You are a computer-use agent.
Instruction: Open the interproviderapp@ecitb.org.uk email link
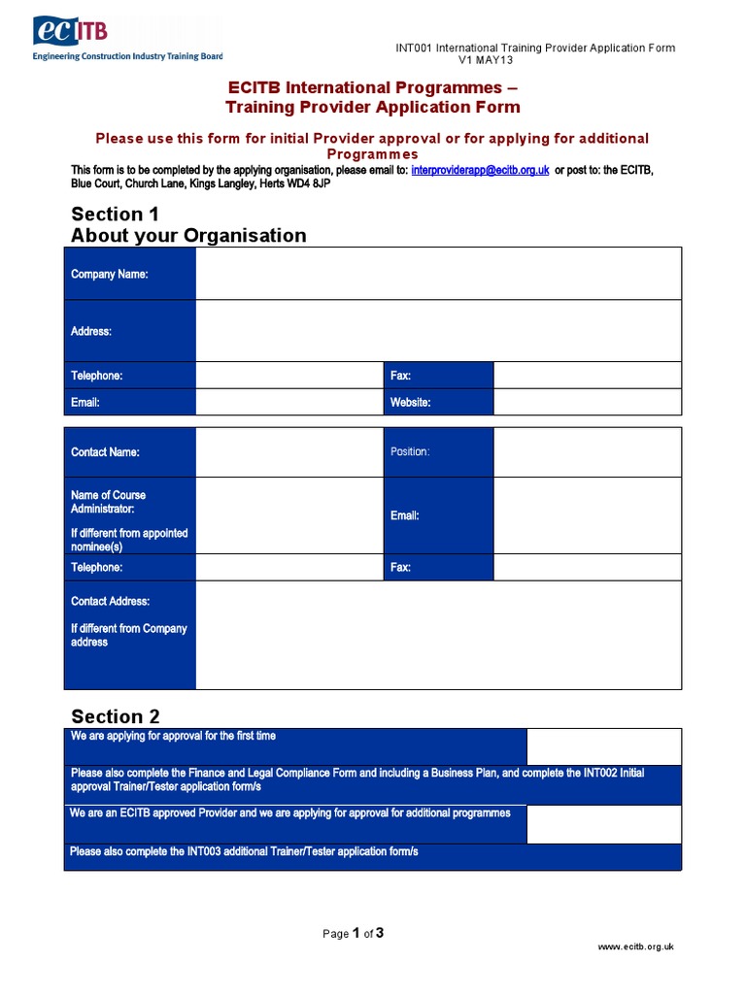click(x=480, y=170)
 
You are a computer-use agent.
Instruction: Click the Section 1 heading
click(x=115, y=215)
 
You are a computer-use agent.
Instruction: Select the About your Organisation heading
click(x=188, y=236)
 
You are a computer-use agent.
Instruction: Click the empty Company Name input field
click(x=438, y=274)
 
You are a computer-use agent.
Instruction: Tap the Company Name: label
click(x=110, y=275)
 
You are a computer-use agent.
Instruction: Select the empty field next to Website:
click(x=587, y=402)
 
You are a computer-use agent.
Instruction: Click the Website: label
click(x=411, y=402)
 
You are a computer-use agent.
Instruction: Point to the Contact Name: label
click(x=105, y=452)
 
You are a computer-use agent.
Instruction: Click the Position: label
click(x=410, y=452)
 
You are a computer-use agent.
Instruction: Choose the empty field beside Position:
click(x=587, y=452)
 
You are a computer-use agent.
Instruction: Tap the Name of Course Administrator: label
click(x=108, y=502)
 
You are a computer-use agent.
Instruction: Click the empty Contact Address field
click(x=438, y=635)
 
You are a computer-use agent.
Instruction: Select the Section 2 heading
click(x=116, y=717)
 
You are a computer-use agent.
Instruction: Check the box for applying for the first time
click(x=603, y=746)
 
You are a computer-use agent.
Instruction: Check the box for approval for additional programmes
click(x=603, y=824)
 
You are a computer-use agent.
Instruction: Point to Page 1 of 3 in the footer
click(x=354, y=934)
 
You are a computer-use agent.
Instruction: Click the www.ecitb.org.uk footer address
click(x=635, y=946)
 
